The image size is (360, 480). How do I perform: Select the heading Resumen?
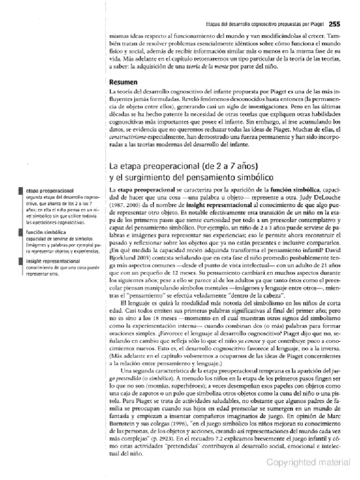click(x=124, y=82)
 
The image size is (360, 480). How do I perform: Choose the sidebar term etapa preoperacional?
click(x=50, y=191)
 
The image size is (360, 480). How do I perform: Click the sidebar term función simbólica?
click(x=46, y=232)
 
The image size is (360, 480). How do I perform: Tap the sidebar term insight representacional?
click(x=53, y=261)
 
